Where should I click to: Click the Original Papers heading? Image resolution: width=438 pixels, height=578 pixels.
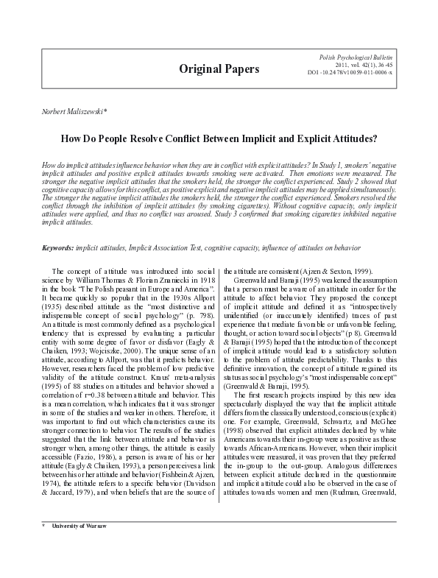pos(219,69)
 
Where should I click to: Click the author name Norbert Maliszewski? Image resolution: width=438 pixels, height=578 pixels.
pos(63,110)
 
